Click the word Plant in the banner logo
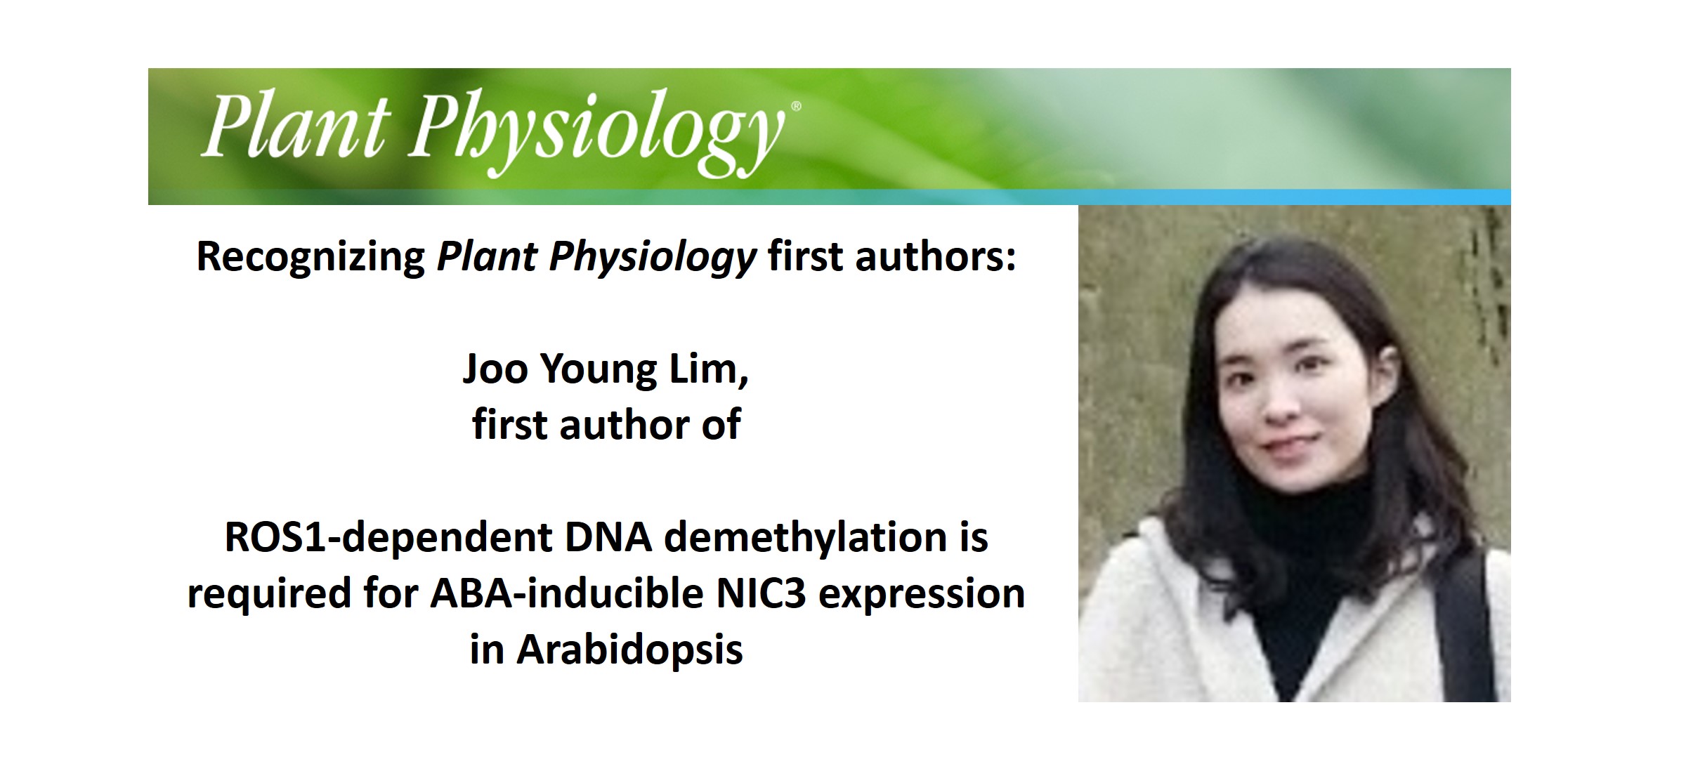295,126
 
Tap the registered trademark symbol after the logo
796,107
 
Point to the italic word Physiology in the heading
653,257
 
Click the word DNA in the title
608,537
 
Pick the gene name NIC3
761,593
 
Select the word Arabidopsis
629,650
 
